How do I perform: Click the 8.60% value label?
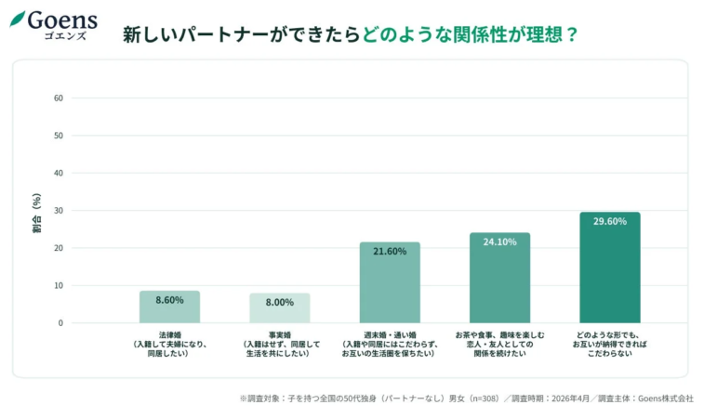[169, 300]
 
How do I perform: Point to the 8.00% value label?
[279, 302]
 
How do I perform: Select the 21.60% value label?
[390, 252]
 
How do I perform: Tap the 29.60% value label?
[609, 221]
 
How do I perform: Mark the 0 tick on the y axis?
[60, 323]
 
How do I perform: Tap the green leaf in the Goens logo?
[18, 19]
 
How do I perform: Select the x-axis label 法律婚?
[169, 333]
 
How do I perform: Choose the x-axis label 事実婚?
[279, 333]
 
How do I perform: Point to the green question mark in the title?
[572, 35]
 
